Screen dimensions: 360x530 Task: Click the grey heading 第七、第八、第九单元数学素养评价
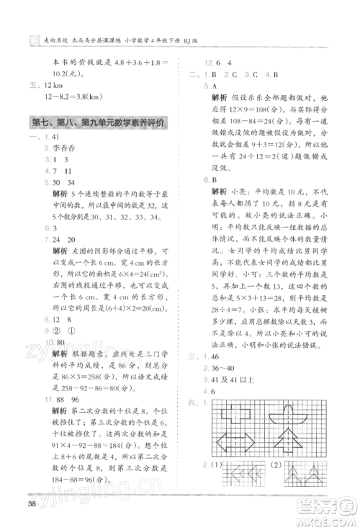[100, 123]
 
